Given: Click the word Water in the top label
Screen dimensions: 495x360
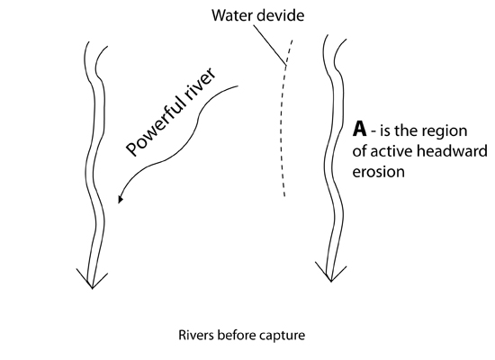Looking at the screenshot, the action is [229, 15].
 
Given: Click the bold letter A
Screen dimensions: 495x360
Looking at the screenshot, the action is [360, 129].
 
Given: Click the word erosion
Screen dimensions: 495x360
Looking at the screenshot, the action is [379, 172].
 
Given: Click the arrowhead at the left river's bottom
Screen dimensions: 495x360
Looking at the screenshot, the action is [92, 279].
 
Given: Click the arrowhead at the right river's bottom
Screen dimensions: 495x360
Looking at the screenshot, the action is [331, 272].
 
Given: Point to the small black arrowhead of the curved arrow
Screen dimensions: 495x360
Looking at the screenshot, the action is [121, 199].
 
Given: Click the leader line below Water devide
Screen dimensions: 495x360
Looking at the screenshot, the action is [270, 45].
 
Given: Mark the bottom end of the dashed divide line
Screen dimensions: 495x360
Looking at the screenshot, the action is [284, 196].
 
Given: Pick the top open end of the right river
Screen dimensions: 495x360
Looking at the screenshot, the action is [337, 37].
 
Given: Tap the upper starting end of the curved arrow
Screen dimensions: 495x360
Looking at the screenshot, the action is [238, 85].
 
